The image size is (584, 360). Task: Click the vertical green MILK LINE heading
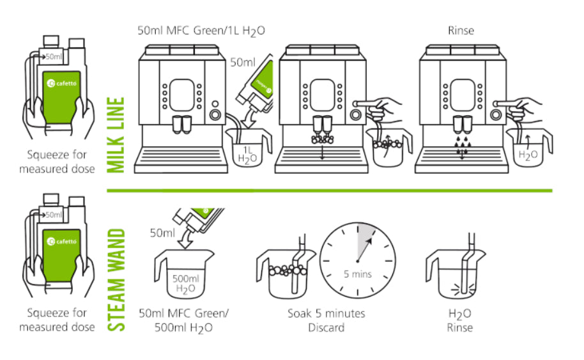(116, 135)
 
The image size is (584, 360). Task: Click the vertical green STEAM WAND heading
(116, 276)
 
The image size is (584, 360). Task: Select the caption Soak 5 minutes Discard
(326, 320)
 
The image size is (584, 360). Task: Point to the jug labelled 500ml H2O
(185, 276)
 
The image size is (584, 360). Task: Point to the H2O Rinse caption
(460, 320)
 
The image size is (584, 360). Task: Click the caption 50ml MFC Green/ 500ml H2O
(185, 320)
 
